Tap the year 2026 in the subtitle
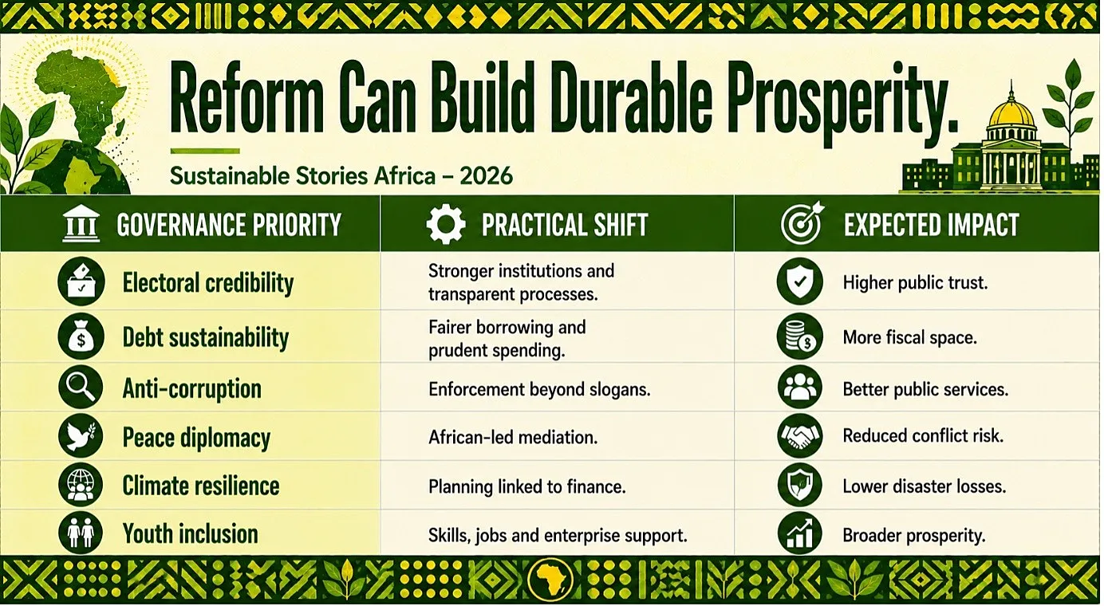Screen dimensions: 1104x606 487,176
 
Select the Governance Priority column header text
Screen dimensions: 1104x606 229,225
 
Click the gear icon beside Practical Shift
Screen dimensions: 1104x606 446,224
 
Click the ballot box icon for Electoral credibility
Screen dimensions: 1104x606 81,281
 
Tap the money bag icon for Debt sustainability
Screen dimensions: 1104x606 81,337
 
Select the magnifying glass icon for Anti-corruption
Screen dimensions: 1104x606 81,388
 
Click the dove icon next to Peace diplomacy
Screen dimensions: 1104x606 81,436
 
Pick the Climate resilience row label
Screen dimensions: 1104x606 201,486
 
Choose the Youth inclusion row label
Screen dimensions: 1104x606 190,534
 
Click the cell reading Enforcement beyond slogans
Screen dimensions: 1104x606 539,390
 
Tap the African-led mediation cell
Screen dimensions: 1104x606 513,437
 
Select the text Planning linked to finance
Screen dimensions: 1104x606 526,486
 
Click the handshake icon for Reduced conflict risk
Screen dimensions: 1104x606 800,436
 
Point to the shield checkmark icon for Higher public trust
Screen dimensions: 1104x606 800,281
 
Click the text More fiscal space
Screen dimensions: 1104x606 910,337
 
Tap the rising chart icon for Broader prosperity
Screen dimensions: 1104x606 800,534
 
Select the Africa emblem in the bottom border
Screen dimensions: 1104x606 550,580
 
